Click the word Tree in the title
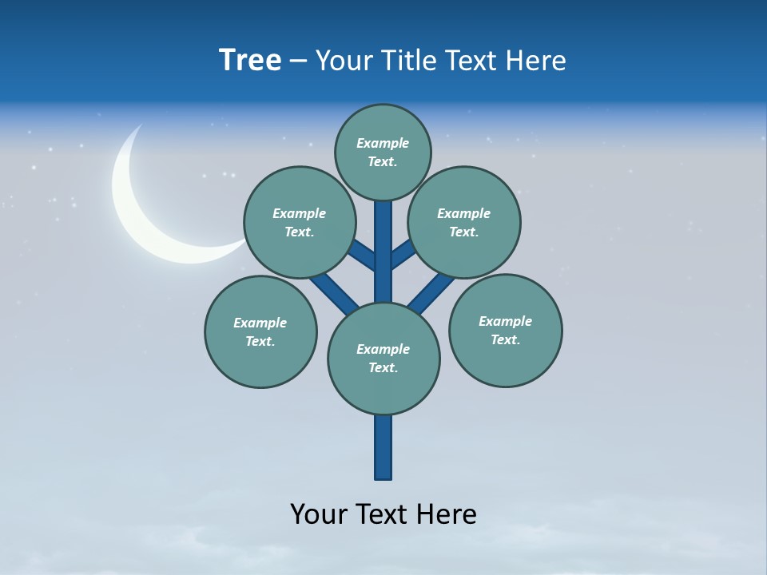click(250, 61)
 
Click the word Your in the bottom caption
click(318, 514)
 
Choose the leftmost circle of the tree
click(260, 331)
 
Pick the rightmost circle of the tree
click(505, 330)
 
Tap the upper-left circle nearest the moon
click(299, 222)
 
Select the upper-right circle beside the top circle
click(463, 222)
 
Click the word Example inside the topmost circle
click(383, 144)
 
